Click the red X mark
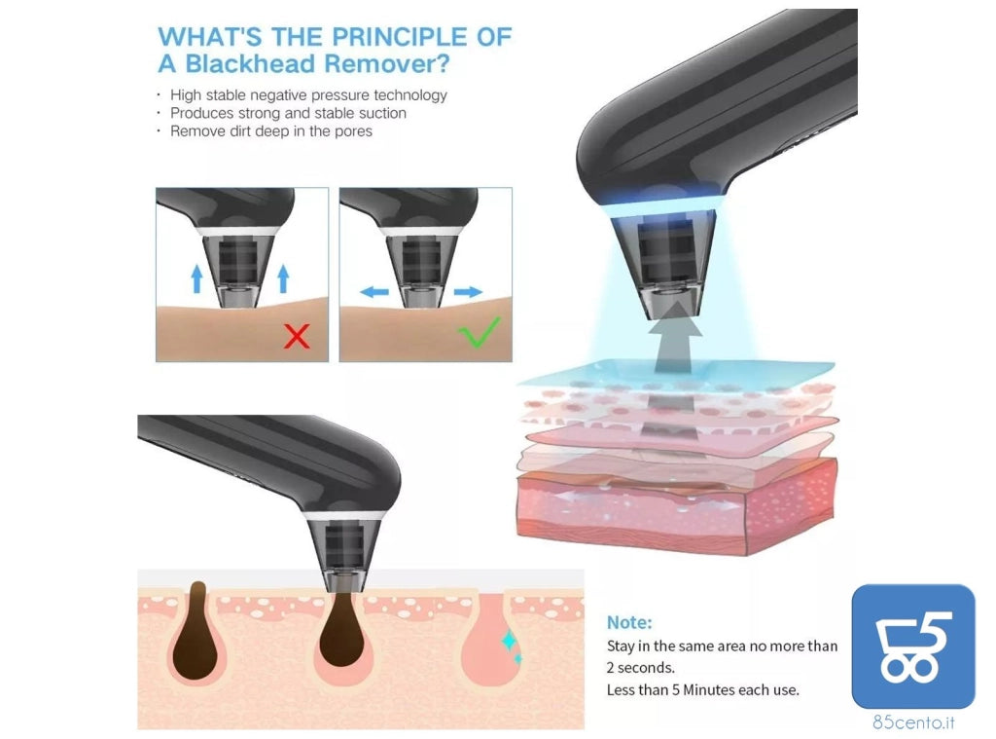coord(297,336)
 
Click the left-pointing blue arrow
coord(374,292)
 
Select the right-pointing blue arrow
coord(469,292)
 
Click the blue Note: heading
coord(629,622)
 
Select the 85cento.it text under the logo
coord(913,721)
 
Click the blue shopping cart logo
coord(912,647)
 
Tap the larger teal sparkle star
coord(509,641)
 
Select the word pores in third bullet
coord(354,131)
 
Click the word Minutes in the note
coord(708,689)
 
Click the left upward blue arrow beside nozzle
coord(196,278)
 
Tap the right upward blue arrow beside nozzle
coord(283,278)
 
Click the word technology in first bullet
coord(410,95)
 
